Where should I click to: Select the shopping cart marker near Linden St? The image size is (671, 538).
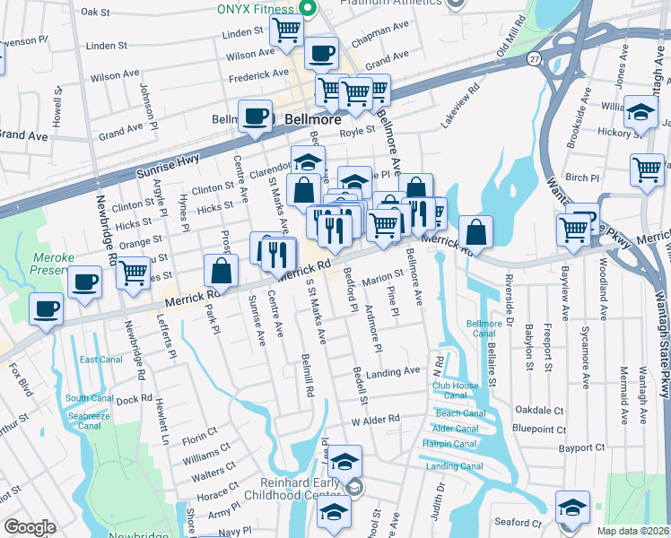click(286, 30)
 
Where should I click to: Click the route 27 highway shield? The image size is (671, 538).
click(534, 58)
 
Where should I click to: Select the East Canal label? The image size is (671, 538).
click(100, 360)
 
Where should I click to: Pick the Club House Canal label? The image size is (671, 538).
click(456, 386)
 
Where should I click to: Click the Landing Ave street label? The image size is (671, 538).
click(393, 371)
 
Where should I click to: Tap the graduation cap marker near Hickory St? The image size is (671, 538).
click(641, 111)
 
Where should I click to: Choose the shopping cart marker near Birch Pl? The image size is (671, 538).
click(646, 169)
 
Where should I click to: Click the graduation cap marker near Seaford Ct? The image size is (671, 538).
click(572, 508)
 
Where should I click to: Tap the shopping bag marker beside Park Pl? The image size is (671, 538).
click(221, 270)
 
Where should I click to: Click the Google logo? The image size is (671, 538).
click(30, 527)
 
